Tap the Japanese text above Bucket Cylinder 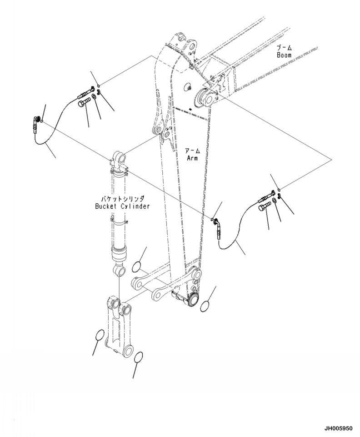(x=122, y=198)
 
